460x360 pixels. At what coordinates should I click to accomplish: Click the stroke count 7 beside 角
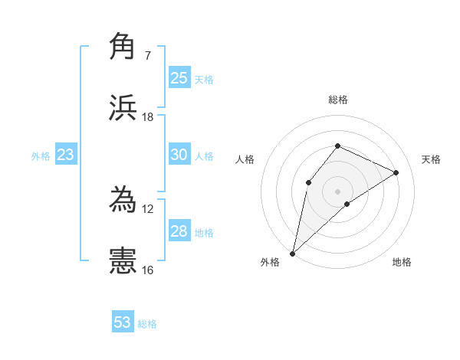(147, 55)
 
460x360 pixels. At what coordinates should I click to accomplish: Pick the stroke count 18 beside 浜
(148, 117)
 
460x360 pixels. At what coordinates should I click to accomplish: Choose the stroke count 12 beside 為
(148, 208)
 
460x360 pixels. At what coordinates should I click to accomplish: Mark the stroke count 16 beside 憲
(148, 270)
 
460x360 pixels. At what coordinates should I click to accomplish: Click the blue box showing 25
(179, 77)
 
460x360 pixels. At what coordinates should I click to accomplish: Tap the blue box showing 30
(179, 155)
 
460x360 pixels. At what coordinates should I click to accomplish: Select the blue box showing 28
(179, 231)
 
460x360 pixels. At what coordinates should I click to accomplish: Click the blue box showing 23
(66, 155)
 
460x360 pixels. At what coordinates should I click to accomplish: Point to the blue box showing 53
(123, 322)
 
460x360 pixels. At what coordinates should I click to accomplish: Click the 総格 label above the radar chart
(338, 100)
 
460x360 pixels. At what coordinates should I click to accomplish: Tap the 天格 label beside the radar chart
(431, 159)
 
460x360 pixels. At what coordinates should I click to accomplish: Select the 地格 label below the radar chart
(402, 262)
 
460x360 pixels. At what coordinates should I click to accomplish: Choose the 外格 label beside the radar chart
(270, 262)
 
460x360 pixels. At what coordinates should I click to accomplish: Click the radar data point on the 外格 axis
(292, 253)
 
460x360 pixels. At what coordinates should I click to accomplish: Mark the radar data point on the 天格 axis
(396, 172)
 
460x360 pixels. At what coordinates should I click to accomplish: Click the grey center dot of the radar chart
(338, 191)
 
